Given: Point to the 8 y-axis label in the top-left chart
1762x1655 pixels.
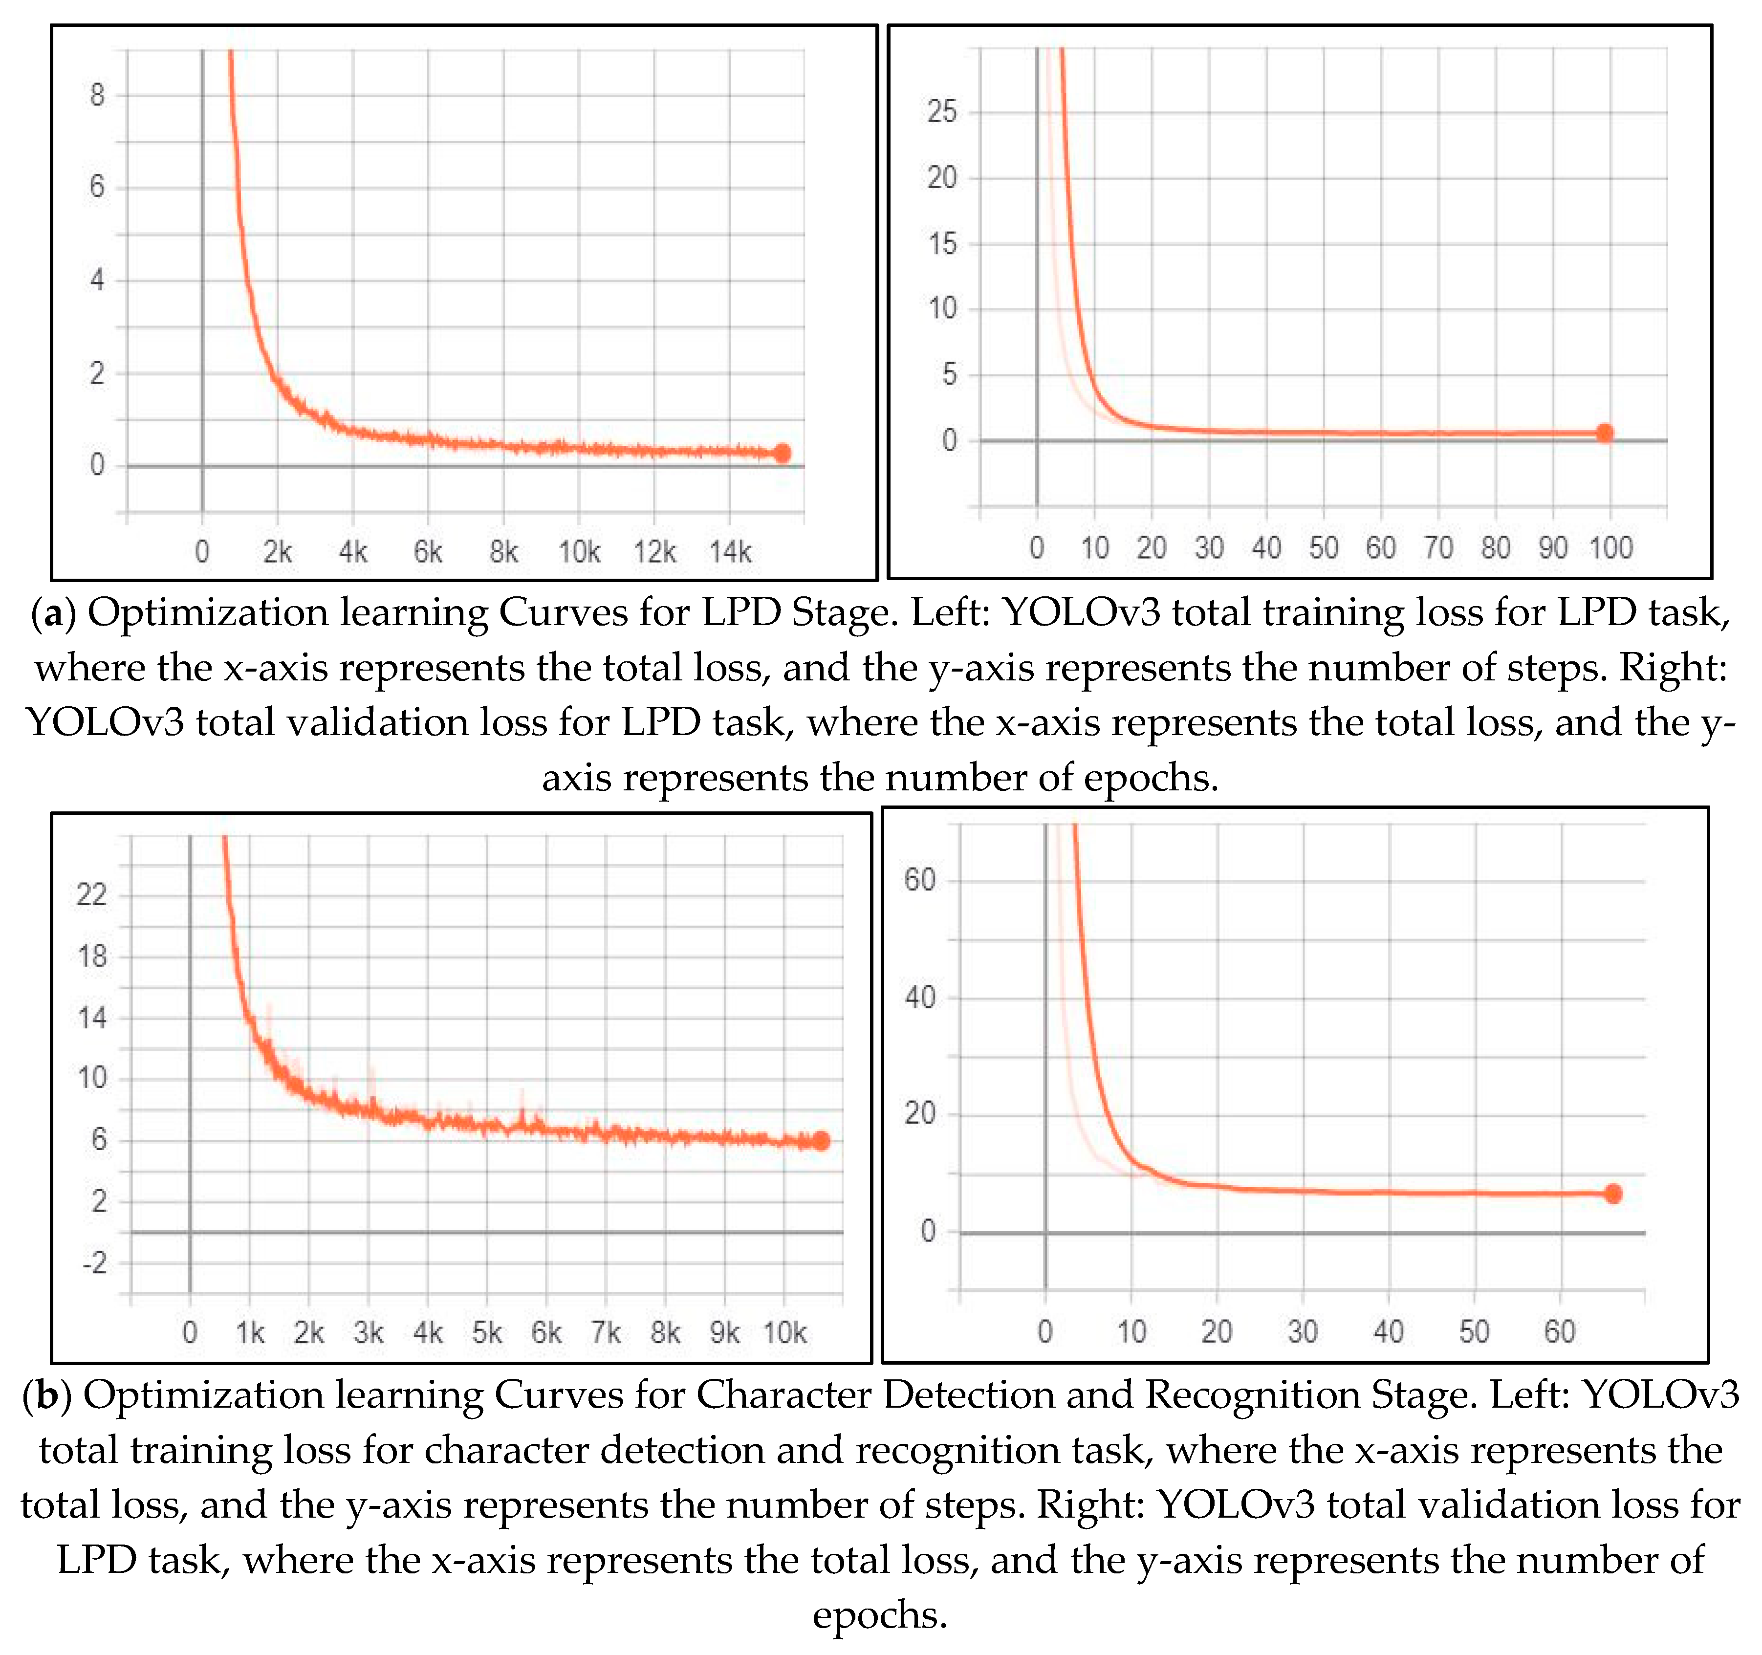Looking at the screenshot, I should click(97, 95).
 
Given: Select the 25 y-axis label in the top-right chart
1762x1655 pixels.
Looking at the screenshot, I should click(942, 112).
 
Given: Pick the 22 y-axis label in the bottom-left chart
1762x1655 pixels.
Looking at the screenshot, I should click(91, 894).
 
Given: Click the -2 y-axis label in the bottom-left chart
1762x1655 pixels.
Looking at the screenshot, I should click(94, 1263).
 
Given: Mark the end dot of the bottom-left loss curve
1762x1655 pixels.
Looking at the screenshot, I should click(821, 1141).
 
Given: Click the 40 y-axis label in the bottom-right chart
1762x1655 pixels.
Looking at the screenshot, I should click(920, 998).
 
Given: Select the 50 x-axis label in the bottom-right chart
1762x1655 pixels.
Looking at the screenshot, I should click(1474, 1331).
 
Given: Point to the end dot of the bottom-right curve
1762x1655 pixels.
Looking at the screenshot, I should click(1613, 1194).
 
